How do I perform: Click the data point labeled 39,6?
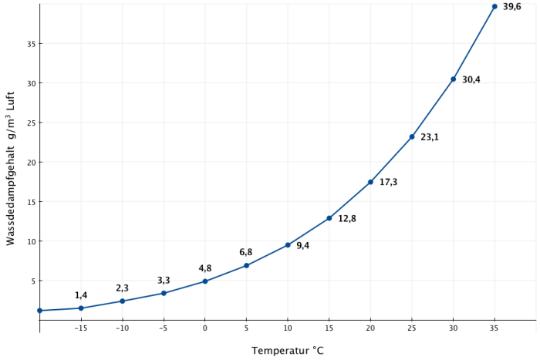click(x=494, y=6)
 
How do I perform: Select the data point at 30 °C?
click(x=454, y=79)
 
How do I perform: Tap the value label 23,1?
click(x=430, y=137)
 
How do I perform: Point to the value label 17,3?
click(x=388, y=182)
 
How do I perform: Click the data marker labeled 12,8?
click(x=329, y=218)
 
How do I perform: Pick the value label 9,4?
click(x=302, y=246)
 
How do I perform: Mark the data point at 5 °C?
click(x=246, y=266)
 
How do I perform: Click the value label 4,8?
click(x=204, y=268)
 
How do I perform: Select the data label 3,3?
click(x=164, y=281)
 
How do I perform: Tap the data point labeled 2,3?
click(x=122, y=301)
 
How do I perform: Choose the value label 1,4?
click(x=81, y=295)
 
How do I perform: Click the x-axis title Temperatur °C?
click(x=288, y=351)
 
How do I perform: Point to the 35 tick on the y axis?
click(x=31, y=44)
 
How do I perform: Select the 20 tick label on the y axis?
click(x=31, y=163)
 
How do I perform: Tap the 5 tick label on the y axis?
click(x=33, y=281)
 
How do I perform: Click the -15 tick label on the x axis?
click(x=80, y=328)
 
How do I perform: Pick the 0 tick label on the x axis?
click(x=205, y=328)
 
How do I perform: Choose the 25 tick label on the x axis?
click(x=412, y=328)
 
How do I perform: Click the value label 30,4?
click(x=471, y=79)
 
